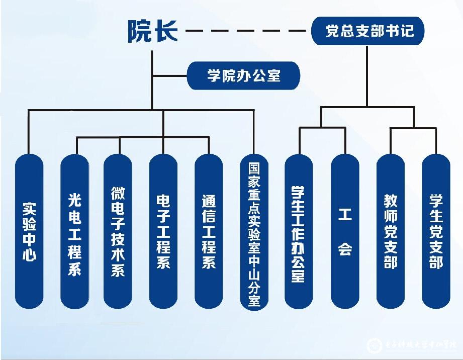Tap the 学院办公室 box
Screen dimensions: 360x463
244,76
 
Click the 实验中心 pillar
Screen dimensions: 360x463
30,231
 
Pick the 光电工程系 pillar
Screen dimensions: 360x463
74,231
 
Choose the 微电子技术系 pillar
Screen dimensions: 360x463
118,231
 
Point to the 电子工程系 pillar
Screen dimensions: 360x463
163,231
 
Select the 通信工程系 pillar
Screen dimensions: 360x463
209,231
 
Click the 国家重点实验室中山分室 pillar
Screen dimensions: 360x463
254,231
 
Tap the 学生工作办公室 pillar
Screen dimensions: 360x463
299,231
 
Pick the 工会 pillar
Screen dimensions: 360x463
345,231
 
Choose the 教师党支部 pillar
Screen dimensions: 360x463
391,231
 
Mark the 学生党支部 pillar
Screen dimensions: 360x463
436,231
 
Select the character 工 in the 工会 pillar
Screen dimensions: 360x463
345,215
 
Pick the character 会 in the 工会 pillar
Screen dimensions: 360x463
345,248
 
